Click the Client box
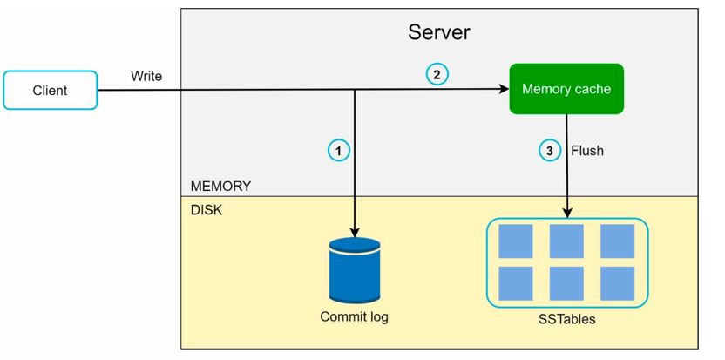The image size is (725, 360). pos(50,90)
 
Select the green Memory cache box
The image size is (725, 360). pos(566,89)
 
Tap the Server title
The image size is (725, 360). pos(439,32)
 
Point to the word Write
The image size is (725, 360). pos(146,76)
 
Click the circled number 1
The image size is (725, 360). pos(339,151)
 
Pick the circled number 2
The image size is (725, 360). pos(437,74)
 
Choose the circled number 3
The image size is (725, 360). pos(549,151)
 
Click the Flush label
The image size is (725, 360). pos(587,151)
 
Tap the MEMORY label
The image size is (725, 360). pos(220,187)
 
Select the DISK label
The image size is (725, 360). pos(207,211)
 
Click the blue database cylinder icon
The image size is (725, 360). pos(355,270)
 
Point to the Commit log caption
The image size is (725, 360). pos(354,317)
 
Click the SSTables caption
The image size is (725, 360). pos(567,319)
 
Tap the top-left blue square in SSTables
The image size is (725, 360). pos(516,241)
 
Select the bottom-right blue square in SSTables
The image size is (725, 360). pos(617,283)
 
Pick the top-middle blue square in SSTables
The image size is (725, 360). pos(566,241)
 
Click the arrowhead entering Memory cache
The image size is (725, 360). pos(504,89)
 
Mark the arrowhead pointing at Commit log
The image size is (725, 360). pos(355,232)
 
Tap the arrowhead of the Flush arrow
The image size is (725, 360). pos(568,213)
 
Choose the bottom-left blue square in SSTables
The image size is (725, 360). pos(516,283)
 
